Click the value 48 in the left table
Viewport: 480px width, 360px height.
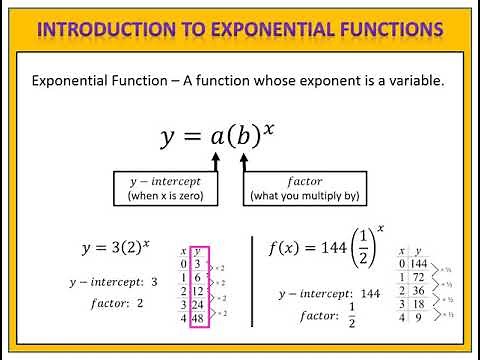(198, 318)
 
